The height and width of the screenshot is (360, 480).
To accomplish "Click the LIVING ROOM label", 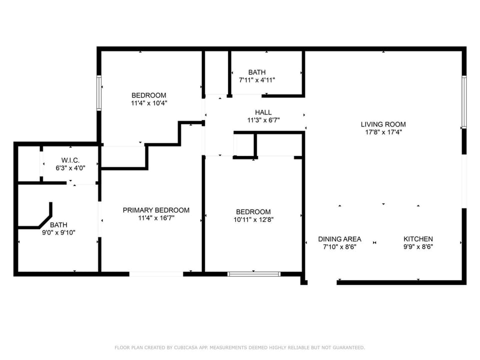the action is pos(383,124).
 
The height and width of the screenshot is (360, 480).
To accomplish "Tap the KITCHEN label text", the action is pos(418,239).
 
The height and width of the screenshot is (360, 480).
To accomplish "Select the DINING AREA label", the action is pos(339,239).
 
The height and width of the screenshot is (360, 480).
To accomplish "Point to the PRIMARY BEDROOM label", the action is pos(156,210).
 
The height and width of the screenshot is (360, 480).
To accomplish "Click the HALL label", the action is pos(263,112).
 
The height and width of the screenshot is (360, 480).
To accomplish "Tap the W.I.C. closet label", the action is pos(70,160).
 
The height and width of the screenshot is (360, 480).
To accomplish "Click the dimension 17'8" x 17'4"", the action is pos(383,132).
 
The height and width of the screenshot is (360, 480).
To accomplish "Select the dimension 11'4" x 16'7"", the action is pos(156,218).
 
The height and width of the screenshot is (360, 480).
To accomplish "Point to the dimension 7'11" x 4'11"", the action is pos(257,80).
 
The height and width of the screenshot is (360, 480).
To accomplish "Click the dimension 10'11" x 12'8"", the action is pos(253,219).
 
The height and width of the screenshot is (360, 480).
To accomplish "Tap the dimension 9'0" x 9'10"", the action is pos(58,232).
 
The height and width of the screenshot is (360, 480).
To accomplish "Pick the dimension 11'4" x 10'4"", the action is pos(149,103).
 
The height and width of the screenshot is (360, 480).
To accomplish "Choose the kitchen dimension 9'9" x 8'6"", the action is pos(418,246).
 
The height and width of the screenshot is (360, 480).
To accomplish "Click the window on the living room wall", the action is pos(464,102).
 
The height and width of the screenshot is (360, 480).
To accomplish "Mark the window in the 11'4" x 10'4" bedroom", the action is pos(99,92).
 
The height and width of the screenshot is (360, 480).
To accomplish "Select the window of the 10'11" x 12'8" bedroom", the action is pos(254,274).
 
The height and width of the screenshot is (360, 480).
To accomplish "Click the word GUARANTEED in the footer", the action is pos(348,347).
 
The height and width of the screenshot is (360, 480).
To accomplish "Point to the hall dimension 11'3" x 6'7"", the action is pos(263,120).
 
